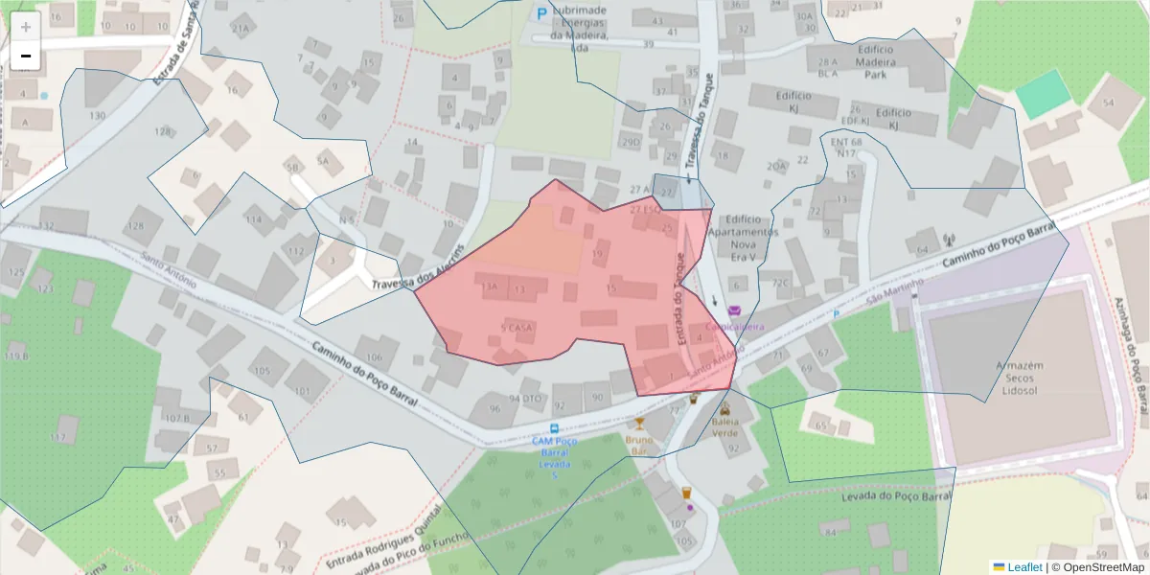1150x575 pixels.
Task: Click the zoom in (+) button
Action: (x=26, y=27)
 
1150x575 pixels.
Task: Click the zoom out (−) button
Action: (x=26, y=57)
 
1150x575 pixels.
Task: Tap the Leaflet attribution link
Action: (x=1024, y=566)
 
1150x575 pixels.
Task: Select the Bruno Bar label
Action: (x=638, y=445)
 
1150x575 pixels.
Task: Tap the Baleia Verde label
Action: (x=724, y=426)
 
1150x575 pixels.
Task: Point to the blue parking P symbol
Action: (x=541, y=14)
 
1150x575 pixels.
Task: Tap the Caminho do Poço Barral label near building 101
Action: (x=363, y=373)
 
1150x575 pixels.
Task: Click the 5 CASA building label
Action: (x=517, y=328)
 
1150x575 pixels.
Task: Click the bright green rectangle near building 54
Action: (x=1042, y=94)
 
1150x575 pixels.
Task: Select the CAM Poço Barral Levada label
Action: (x=553, y=451)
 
